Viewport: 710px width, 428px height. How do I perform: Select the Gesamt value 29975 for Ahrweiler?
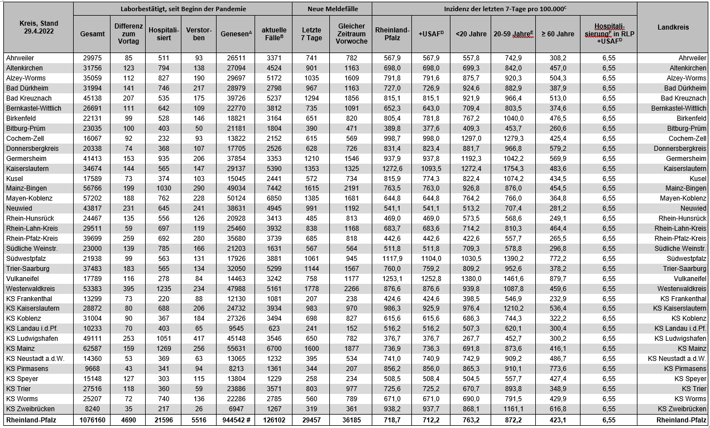pyautogui.click(x=92, y=58)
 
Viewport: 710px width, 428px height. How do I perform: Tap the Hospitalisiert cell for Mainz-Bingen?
pyautogui.click(x=164, y=189)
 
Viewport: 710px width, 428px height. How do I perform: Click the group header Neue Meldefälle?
pyautogui.click(x=332, y=9)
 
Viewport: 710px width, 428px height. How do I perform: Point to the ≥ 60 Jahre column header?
pyautogui.click(x=557, y=34)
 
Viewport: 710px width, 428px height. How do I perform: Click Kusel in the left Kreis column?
pyautogui.click(x=15, y=179)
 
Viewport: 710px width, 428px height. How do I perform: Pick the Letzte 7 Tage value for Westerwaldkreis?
pyautogui.click(x=311, y=289)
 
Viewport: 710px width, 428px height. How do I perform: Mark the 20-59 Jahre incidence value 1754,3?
pyautogui.click(x=512, y=169)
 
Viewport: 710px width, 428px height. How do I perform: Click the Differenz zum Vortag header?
pyautogui.click(x=128, y=34)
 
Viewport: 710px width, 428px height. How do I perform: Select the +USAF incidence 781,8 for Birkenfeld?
pyautogui.click(x=430, y=118)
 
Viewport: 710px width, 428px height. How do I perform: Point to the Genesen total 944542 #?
pyautogui.click(x=235, y=420)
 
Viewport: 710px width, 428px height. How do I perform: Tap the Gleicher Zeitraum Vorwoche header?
pyautogui.click(x=351, y=34)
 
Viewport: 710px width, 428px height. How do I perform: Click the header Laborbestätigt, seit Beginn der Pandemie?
pyautogui.click(x=183, y=9)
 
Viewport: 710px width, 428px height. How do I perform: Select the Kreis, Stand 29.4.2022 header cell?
pyautogui.click(x=37, y=27)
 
